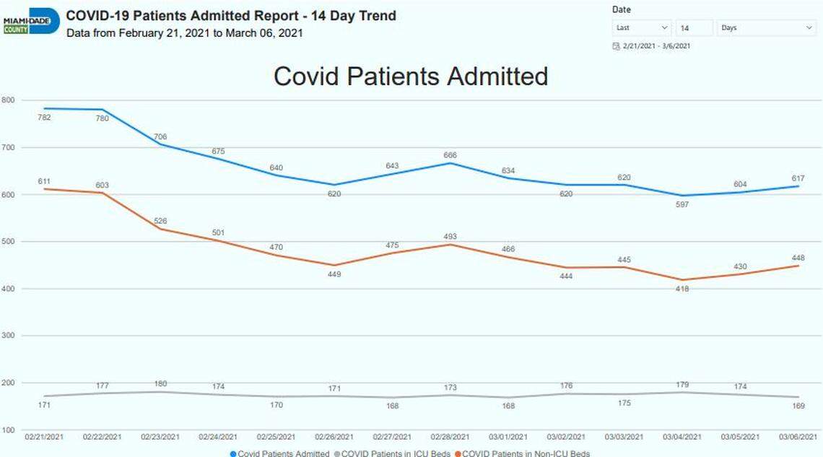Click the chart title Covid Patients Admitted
tap(411, 77)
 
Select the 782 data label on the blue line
tap(44, 118)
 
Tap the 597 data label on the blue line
tap(682, 205)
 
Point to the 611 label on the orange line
tap(44, 180)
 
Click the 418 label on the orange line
tap(682, 289)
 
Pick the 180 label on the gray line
tap(160, 383)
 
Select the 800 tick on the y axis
tap(9, 100)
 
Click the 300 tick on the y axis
tap(9, 336)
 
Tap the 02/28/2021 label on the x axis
tap(451, 437)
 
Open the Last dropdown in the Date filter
tap(641, 28)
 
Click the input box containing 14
tap(694, 28)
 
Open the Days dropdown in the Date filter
tap(766, 28)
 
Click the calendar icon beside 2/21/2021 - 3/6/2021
tap(616, 46)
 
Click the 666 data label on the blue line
tap(450, 155)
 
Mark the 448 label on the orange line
tap(798, 258)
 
